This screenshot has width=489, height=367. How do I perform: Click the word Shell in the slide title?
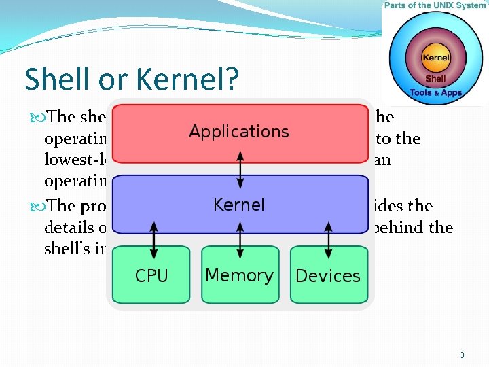(x=54, y=79)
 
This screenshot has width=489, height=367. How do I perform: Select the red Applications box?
(x=239, y=132)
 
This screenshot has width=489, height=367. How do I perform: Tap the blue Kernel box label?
(x=239, y=205)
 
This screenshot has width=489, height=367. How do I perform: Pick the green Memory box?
(x=239, y=275)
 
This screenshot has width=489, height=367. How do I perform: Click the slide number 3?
(x=462, y=355)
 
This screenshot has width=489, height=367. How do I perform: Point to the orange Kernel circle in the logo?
(x=436, y=58)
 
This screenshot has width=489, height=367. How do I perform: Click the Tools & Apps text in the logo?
(x=436, y=92)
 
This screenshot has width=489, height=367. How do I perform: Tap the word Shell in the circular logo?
(x=436, y=79)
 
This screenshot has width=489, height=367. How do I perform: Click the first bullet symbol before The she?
(x=37, y=117)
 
